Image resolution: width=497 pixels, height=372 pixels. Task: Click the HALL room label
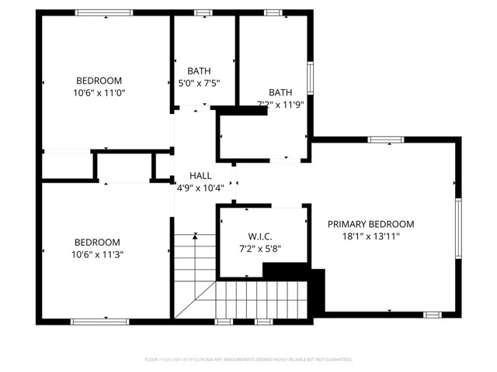[200, 176]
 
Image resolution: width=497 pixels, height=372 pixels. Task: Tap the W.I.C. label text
[259, 236]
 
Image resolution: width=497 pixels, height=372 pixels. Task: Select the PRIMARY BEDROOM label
[370, 224]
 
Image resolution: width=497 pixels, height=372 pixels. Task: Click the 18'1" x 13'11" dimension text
[370, 237]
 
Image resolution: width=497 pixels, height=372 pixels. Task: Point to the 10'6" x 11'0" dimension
[98, 93]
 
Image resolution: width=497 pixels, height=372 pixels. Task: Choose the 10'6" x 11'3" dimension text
[98, 254]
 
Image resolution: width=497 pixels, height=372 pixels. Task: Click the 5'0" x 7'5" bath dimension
[198, 83]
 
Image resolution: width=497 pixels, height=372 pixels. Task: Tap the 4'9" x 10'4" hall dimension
[200, 188]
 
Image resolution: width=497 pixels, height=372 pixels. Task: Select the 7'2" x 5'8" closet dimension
[259, 249]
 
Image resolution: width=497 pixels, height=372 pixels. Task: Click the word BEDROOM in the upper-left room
[98, 81]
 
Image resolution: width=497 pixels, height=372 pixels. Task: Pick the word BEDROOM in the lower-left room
[98, 242]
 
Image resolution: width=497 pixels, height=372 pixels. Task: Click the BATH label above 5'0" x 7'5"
[198, 71]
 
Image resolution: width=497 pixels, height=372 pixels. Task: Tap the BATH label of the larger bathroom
[280, 91]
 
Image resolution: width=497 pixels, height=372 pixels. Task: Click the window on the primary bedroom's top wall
[385, 140]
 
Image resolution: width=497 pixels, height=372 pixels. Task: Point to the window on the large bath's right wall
[310, 78]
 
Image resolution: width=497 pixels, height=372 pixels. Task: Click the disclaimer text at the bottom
[248, 360]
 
